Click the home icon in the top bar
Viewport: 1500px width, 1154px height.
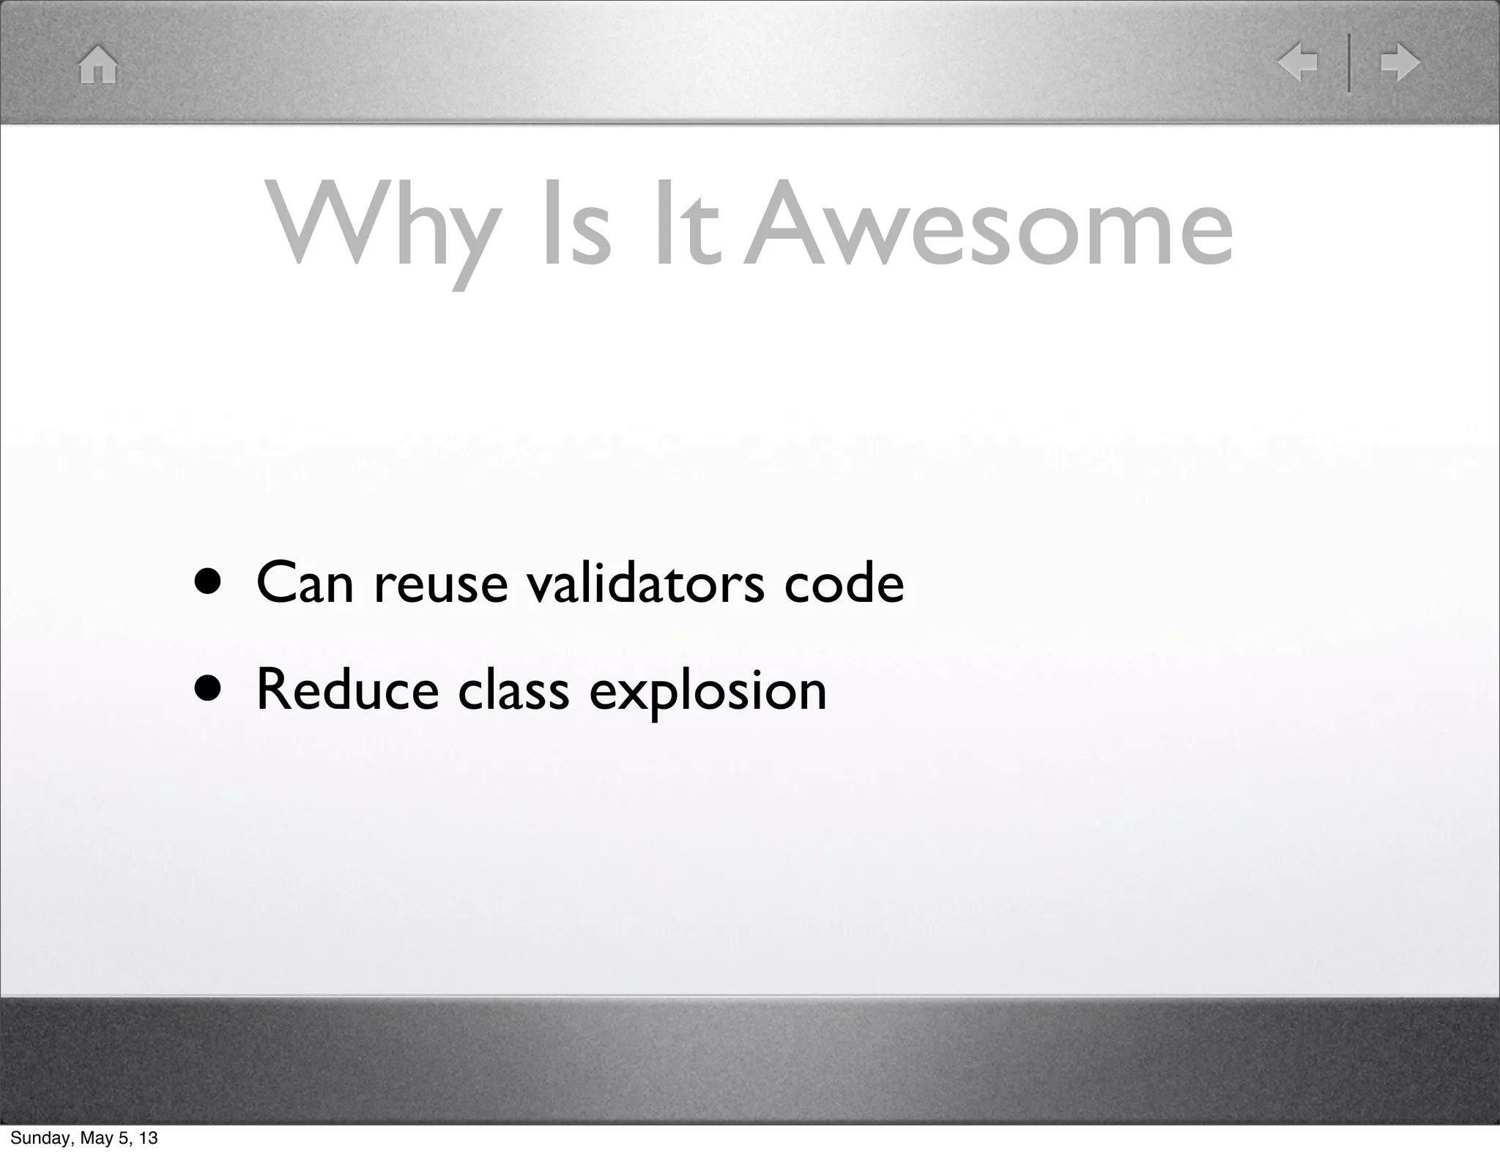pos(98,65)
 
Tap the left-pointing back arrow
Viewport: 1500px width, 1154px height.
pos(1297,63)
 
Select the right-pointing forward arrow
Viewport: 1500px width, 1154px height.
pos(1400,63)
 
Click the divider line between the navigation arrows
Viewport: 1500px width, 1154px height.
pos(1349,63)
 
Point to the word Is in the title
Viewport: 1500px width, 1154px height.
pos(575,227)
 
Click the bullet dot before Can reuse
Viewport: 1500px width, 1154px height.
pos(208,583)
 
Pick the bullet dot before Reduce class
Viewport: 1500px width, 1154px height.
pos(208,690)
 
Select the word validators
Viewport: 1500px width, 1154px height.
pos(645,584)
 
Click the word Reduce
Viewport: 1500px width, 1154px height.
pos(348,690)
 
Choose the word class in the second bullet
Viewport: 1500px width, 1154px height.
pos(513,690)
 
